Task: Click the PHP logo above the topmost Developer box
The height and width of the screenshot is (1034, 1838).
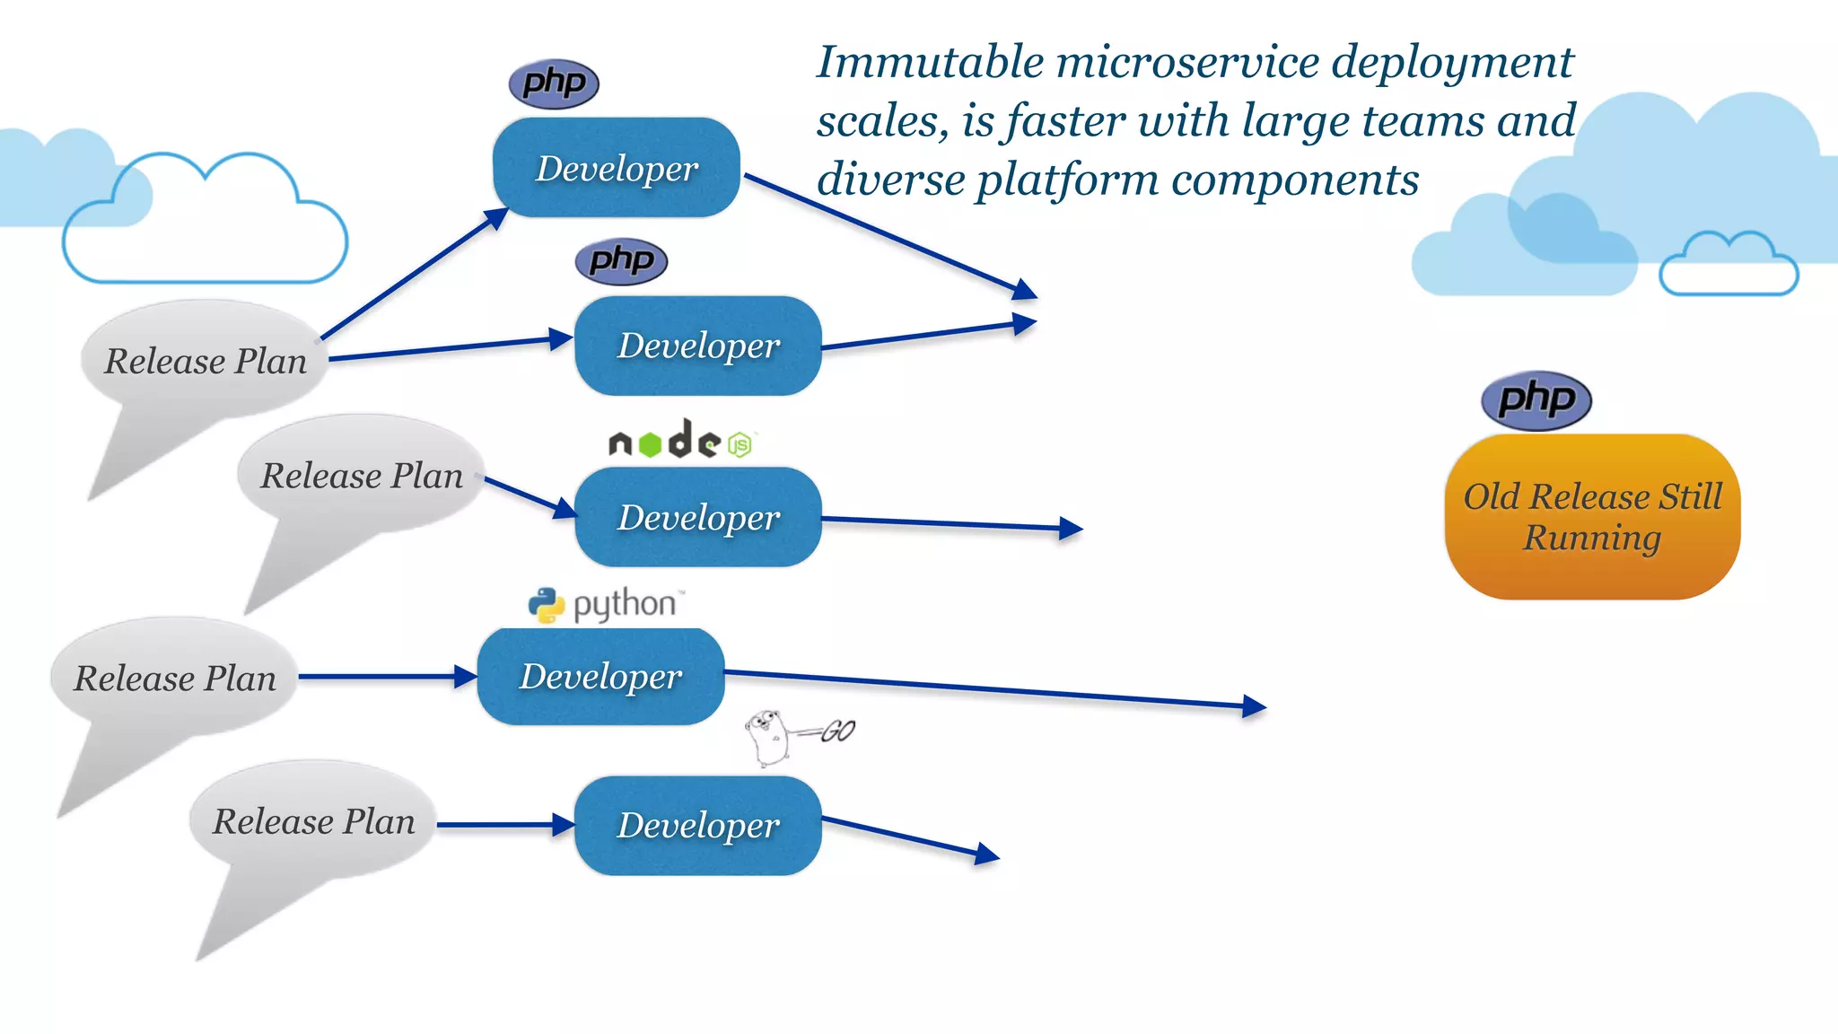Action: pyautogui.click(x=554, y=84)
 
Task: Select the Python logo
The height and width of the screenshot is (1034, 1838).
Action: pyautogui.click(x=607, y=605)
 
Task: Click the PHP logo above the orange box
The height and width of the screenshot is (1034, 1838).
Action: pyautogui.click(x=1536, y=400)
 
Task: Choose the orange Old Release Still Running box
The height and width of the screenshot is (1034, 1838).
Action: pyautogui.click(x=1592, y=517)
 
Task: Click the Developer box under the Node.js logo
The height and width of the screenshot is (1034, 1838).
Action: pyautogui.click(x=697, y=517)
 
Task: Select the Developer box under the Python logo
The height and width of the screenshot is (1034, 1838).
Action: pyautogui.click(x=600, y=677)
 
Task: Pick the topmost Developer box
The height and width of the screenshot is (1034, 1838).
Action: pyautogui.click(x=617, y=168)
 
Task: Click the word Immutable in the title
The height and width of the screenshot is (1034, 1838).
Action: pyautogui.click(x=931, y=63)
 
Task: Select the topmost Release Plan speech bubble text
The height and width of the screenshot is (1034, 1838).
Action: pyautogui.click(x=206, y=362)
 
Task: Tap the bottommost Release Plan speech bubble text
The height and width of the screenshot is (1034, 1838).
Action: pyautogui.click(x=314, y=822)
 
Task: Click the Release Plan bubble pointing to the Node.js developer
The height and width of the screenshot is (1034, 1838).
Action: pyautogui.click(x=362, y=476)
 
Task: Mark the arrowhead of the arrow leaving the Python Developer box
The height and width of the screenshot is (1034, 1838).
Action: pyautogui.click(x=1256, y=707)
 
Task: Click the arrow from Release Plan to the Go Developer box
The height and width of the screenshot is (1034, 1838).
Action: pyautogui.click(x=503, y=825)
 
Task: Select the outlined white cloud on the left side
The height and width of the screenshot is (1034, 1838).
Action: pyautogui.click(x=205, y=224)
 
